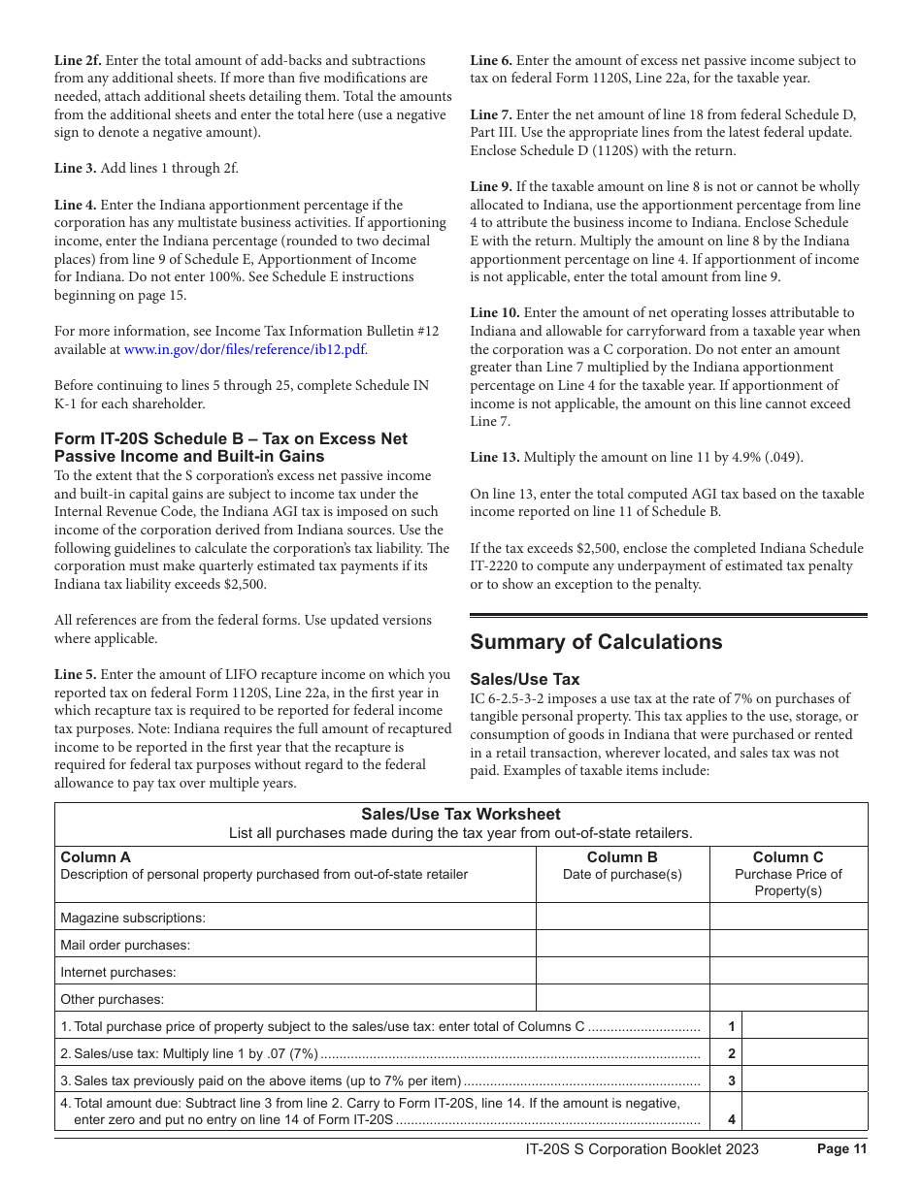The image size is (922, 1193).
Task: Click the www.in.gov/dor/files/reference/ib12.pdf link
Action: pyautogui.click(x=246, y=349)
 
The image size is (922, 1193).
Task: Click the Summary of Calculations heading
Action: pyautogui.click(x=596, y=642)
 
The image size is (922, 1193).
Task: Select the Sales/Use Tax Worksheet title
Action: pyautogui.click(x=461, y=815)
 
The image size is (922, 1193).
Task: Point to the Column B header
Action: pyautogui.click(x=622, y=857)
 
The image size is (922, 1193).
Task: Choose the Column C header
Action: pyautogui.click(x=788, y=857)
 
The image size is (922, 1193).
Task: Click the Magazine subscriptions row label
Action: pyautogui.click(x=133, y=918)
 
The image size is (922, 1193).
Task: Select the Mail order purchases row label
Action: pyautogui.click(x=125, y=945)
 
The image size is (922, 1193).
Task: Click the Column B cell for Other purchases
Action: pyautogui.click(x=622, y=999)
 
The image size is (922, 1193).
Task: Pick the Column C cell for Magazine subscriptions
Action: pyautogui.click(x=788, y=918)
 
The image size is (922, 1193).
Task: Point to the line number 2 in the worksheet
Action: pyautogui.click(x=732, y=1053)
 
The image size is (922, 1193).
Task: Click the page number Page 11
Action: pyautogui.click(x=841, y=1149)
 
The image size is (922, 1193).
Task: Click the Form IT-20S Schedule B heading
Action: pyautogui.click(x=231, y=447)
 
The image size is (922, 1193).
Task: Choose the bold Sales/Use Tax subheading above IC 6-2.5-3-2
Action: pyautogui.click(x=524, y=679)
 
